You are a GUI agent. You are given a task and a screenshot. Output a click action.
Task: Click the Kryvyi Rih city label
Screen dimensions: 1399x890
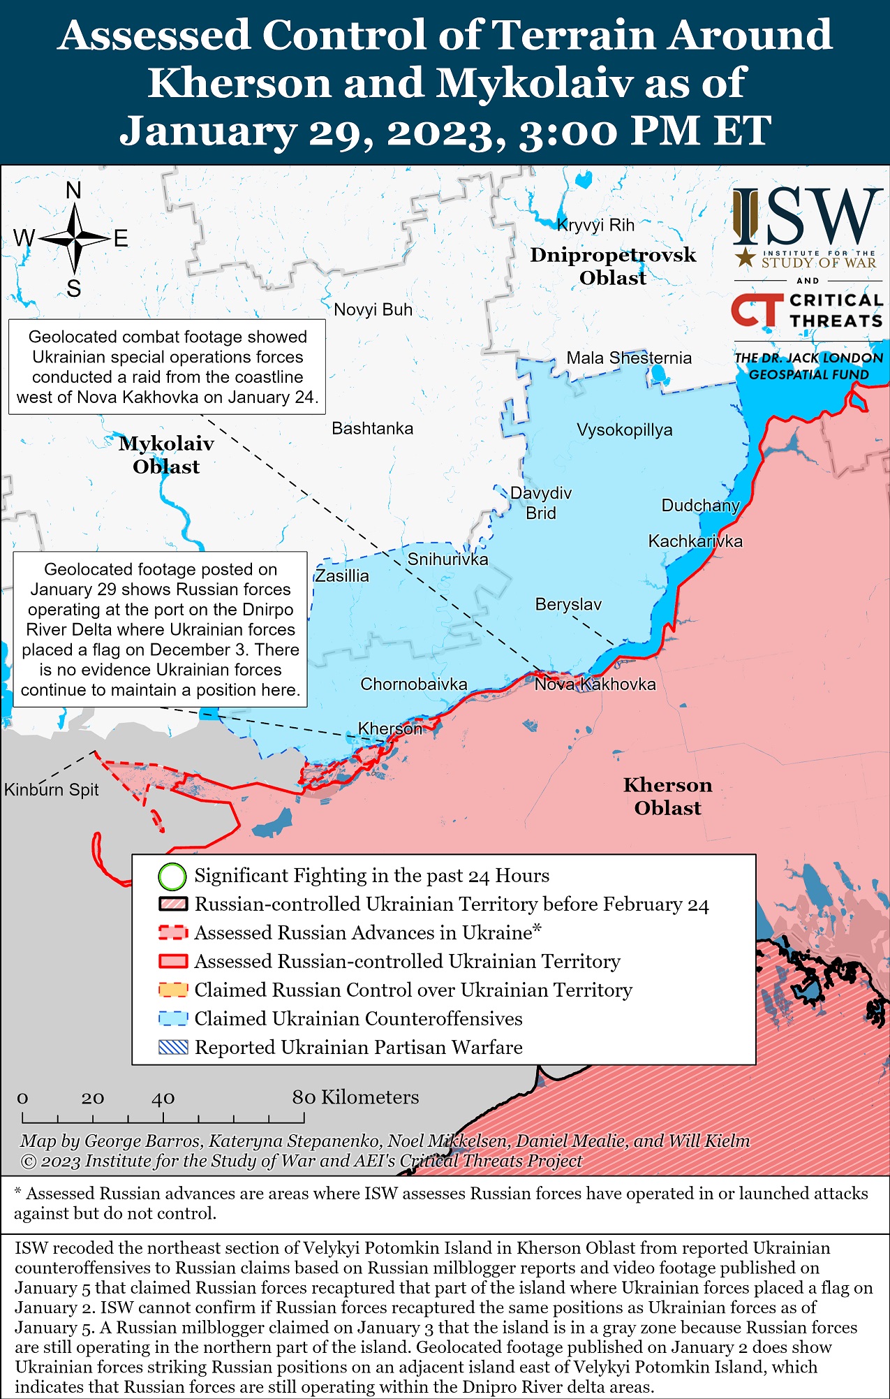595,225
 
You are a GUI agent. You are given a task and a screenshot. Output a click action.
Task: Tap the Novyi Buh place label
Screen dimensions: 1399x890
373,309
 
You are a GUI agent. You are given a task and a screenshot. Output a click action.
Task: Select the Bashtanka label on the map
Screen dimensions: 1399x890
372,428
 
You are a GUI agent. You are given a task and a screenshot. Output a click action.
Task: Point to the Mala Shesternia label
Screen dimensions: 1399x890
628,358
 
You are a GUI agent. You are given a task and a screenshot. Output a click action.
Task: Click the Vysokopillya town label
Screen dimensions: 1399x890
624,430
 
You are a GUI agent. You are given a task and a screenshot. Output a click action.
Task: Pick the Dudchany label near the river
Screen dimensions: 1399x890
699,505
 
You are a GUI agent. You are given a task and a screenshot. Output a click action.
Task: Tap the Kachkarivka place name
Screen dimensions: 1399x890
695,541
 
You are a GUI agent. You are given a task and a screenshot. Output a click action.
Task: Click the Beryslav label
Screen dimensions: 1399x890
568,604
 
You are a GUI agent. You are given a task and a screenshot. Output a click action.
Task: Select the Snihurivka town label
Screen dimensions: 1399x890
447,559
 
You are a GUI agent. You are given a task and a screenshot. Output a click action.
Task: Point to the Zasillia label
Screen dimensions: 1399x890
341,576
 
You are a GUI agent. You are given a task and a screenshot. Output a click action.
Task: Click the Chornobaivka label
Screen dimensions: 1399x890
413,684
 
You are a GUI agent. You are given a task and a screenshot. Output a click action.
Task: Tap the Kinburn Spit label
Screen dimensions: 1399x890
51,789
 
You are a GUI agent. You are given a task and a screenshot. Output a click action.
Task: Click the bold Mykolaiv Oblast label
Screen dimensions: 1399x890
166,455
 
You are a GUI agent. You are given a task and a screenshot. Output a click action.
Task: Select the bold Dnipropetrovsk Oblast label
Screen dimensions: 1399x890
613,266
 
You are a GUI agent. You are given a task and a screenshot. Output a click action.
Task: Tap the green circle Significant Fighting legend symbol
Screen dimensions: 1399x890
172,876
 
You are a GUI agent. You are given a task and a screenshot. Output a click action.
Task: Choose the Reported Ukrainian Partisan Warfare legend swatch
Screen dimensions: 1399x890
173,1047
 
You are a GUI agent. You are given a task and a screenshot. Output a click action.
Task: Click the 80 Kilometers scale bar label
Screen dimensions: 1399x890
355,1097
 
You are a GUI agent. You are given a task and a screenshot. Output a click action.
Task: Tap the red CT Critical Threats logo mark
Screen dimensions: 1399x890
756,310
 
